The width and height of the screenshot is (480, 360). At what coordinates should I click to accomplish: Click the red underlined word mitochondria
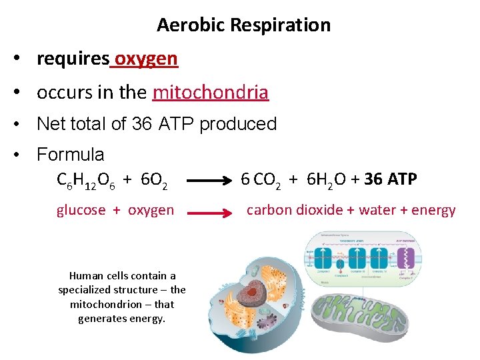(x=210, y=92)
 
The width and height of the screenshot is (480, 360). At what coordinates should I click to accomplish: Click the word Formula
(x=70, y=155)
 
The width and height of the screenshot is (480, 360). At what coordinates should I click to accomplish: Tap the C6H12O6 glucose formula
(x=85, y=180)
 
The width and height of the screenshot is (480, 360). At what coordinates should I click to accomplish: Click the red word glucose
(x=81, y=210)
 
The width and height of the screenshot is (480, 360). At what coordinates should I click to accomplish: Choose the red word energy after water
(x=433, y=210)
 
